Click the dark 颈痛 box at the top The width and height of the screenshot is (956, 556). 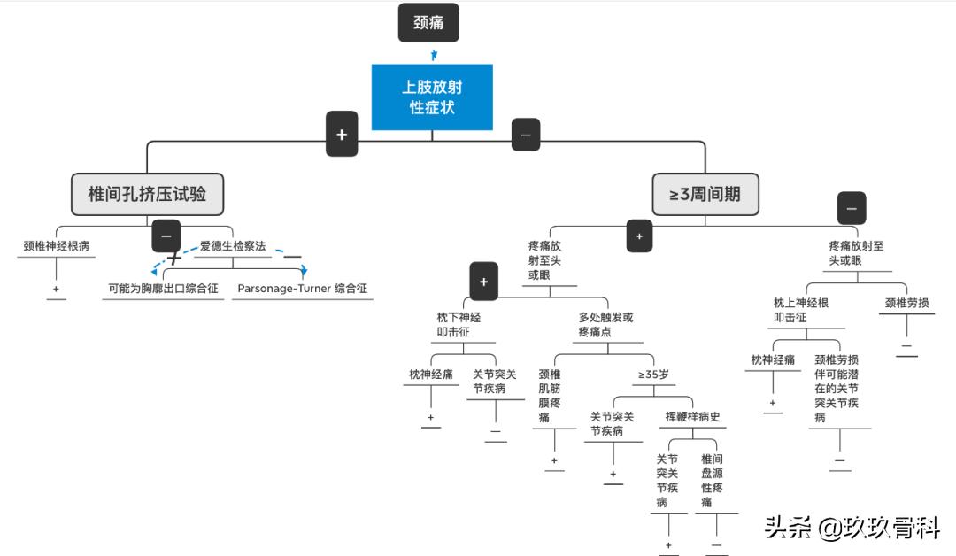[429, 23]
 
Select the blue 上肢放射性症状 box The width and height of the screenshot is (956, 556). [432, 97]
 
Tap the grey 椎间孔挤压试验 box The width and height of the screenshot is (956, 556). [147, 193]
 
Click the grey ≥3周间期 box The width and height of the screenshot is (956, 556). [705, 194]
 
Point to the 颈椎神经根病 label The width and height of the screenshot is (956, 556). [57, 246]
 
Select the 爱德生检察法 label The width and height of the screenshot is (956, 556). [232, 246]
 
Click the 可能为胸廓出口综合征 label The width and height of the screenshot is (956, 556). [163, 289]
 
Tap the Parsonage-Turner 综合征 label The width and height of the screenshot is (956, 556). [302, 289]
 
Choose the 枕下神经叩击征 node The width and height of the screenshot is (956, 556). [459, 324]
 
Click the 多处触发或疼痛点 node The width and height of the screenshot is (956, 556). [606, 324]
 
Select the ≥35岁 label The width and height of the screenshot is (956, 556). [653, 375]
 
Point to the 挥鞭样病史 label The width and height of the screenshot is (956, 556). [693, 417]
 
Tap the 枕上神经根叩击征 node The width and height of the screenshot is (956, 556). [801, 310]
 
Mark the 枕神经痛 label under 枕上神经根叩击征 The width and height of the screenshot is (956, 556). [772, 359]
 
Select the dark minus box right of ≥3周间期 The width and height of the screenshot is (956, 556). [852, 209]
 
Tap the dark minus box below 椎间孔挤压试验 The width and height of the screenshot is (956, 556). [166, 236]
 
